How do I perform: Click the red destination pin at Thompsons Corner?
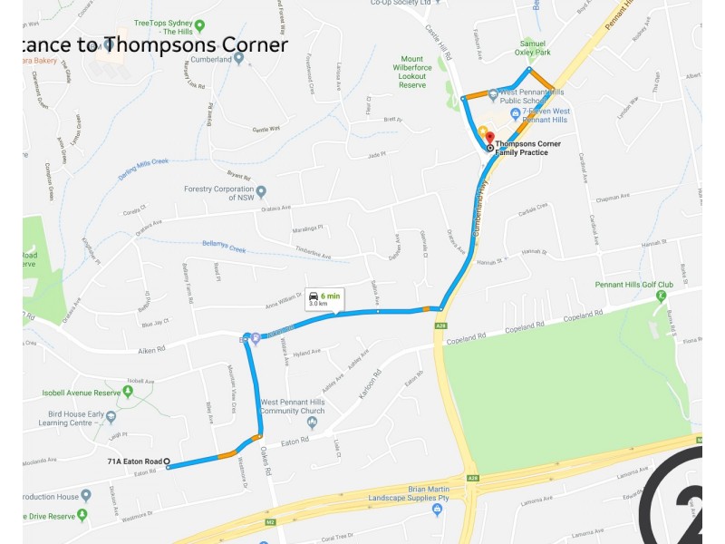pos(490,136)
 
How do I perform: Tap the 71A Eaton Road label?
pos(133,461)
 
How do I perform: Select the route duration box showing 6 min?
pos(324,299)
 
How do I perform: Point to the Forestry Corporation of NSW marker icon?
pos(261,191)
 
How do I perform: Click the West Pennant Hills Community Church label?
pos(293,406)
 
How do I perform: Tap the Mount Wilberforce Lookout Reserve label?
pos(412,72)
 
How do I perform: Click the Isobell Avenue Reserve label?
pos(82,393)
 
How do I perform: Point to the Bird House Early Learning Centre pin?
pos(111,417)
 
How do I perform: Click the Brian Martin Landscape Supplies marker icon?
pos(436,510)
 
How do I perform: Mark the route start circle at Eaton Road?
pos(167,461)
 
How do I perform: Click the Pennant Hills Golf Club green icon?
pos(662,296)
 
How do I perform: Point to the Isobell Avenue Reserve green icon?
pos(128,392)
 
